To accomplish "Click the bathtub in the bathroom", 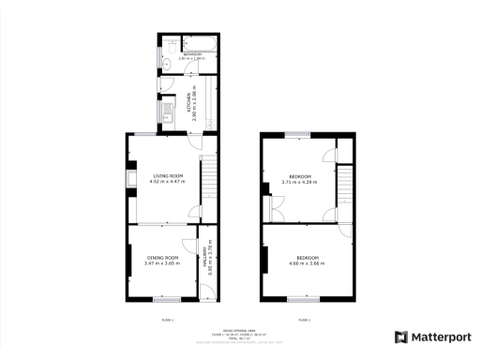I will click(x=202, y=43).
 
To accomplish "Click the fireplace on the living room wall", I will click(x=130, y=179).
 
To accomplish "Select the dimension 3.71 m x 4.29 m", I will click(x=300, y=182).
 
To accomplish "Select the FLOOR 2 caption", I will click(x=304, y=320).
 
